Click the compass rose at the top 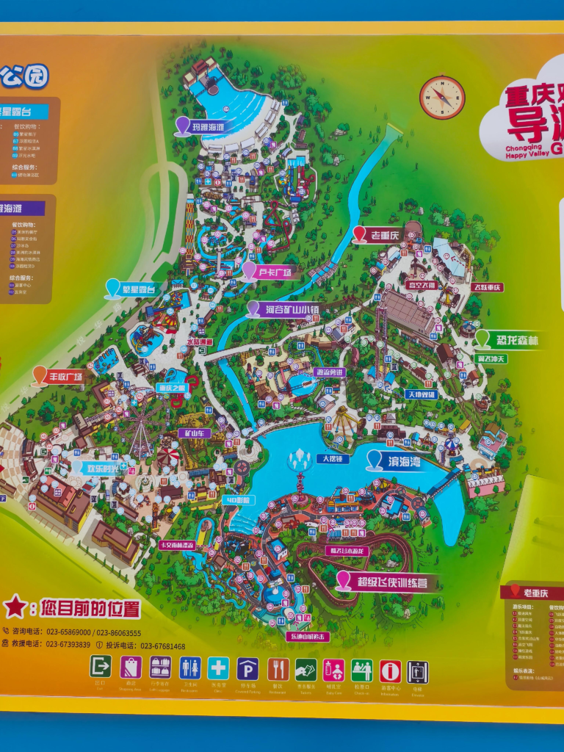click(442, 97)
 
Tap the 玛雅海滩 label click(208, 127)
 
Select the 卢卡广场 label click(275, 272)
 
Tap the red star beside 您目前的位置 click(15, 607)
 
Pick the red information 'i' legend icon click(391, 670)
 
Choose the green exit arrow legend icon click(101, 667)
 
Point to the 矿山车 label click(194, 433)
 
